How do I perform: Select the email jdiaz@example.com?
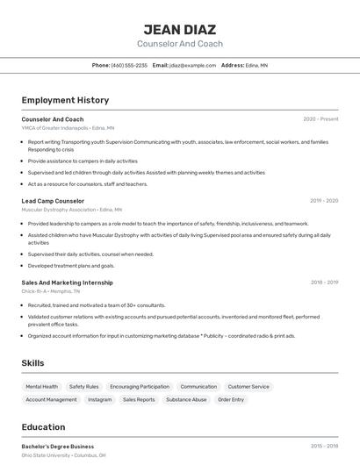coord(192,65)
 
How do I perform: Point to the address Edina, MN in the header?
coord(257,65)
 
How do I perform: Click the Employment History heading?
coord(65,100)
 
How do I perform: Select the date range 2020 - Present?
coord(320,119)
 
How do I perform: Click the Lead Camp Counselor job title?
coord(53,201)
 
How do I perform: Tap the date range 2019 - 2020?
coord(324,201)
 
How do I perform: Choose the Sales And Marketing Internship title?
coord(67,283)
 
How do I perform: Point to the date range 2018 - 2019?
coord(324,283)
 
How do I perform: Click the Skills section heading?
coord(32,363)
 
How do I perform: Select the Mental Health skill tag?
coord(41,386)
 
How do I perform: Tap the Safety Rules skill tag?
coord(83,386)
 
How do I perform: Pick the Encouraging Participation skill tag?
coord(140,386)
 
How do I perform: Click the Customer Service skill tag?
coord(248,386)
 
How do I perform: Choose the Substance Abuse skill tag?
coord(186,399)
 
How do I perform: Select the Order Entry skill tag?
coord(231,399)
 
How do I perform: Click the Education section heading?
coord(44,427)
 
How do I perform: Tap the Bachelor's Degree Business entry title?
coord(58,447)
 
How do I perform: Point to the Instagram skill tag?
coord(99,399)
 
